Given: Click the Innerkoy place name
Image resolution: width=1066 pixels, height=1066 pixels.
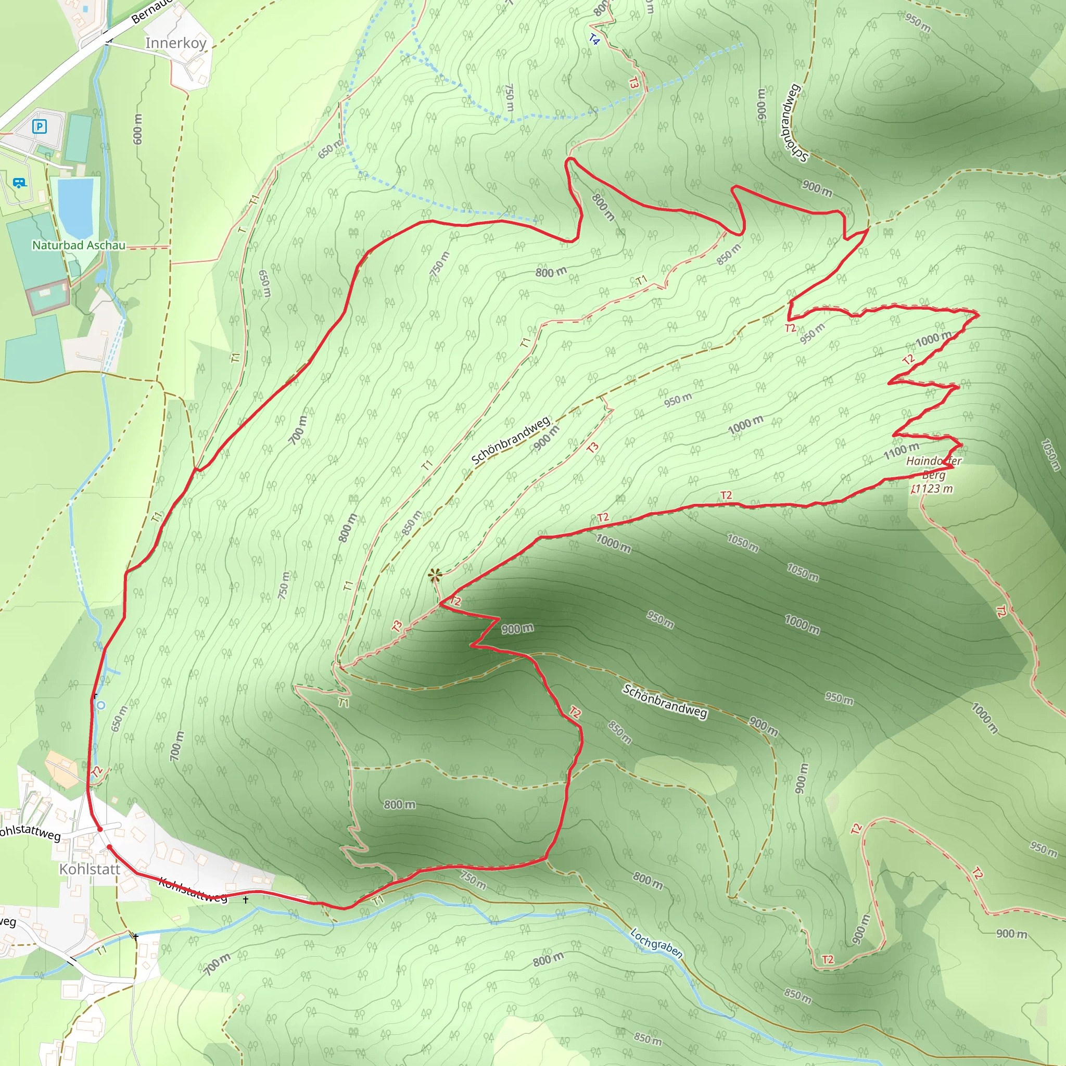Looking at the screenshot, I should tap(175, 43).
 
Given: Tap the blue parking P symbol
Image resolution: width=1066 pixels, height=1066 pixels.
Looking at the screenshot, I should tap(39, 127).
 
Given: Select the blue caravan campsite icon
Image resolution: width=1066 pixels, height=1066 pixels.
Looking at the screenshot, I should tap(19, 183).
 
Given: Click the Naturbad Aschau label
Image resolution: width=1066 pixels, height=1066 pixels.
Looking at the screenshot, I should tap(79, 245).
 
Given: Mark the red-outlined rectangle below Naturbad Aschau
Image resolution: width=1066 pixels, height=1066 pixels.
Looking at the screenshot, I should tap(48, 297).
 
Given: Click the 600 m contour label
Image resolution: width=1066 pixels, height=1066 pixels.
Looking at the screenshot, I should tap(138, 129).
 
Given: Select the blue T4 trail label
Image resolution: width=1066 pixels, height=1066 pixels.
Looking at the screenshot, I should tap(594, 40).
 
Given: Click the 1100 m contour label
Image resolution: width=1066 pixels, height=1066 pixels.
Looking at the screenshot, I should tap(901, 451).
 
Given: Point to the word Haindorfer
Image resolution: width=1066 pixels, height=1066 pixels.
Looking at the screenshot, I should tap(934, 461).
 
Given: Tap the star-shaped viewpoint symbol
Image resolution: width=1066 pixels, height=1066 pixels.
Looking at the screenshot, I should tap(435, 576).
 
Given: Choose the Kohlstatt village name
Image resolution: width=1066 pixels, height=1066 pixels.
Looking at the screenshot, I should tap(90, 870).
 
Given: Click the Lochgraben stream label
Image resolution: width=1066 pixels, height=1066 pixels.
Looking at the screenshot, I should tap(656, 943).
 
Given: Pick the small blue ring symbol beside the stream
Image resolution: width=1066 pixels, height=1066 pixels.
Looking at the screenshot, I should tap(100, 705).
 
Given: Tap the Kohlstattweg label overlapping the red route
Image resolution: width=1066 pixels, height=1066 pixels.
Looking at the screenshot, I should tap(193, 890).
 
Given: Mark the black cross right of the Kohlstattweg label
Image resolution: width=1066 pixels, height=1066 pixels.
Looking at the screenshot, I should tap(246, 899).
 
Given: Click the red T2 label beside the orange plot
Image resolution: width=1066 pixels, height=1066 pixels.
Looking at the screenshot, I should tap(97, 771).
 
